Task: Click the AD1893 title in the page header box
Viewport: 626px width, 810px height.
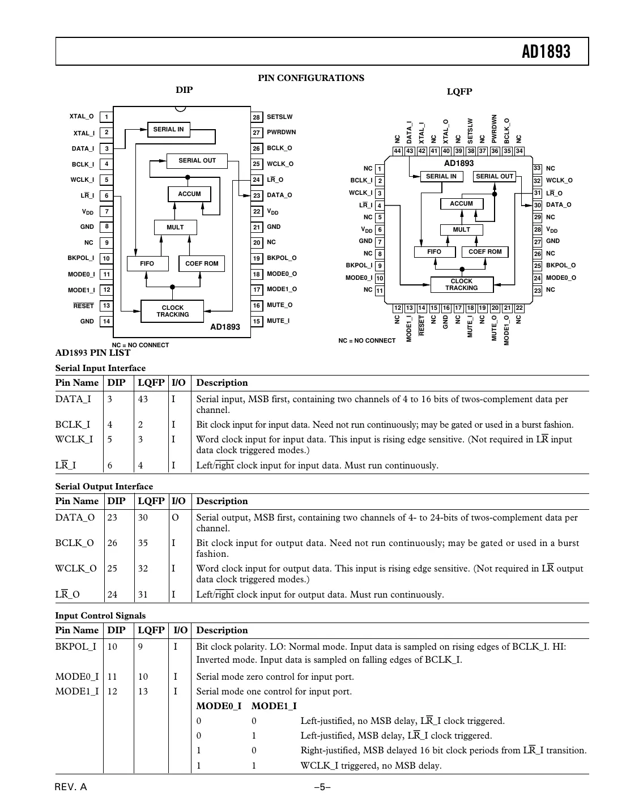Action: point(546,52)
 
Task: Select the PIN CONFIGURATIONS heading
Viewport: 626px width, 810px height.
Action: point(311,78)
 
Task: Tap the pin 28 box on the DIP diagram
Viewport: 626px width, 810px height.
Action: point(257,117)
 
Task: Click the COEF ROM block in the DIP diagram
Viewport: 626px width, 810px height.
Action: point(202,263)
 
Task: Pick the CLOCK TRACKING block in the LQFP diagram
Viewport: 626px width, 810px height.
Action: point(461,284)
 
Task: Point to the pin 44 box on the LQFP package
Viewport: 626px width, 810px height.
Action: point(397,151)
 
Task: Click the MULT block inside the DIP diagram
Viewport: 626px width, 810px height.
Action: point(175,227)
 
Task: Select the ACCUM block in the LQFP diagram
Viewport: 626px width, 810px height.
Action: point(461,203)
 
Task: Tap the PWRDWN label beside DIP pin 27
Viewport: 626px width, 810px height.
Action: point(281,133)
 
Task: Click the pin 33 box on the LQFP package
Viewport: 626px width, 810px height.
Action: point(537,168)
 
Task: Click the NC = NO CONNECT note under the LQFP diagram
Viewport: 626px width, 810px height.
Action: point(367,340)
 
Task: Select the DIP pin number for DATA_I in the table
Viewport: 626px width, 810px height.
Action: point(110,399)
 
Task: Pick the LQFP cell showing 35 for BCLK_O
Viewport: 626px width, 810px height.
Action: point(143,543)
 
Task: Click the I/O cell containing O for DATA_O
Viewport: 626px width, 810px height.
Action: point(175,518)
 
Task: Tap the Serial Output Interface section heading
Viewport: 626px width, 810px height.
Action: point(104,487)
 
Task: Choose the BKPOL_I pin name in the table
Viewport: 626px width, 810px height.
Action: point(75,647)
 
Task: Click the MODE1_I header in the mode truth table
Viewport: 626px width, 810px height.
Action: point(274,706)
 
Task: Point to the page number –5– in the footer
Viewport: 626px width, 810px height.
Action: point(322,787)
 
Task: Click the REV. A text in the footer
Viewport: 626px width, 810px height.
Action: point(71,787)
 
